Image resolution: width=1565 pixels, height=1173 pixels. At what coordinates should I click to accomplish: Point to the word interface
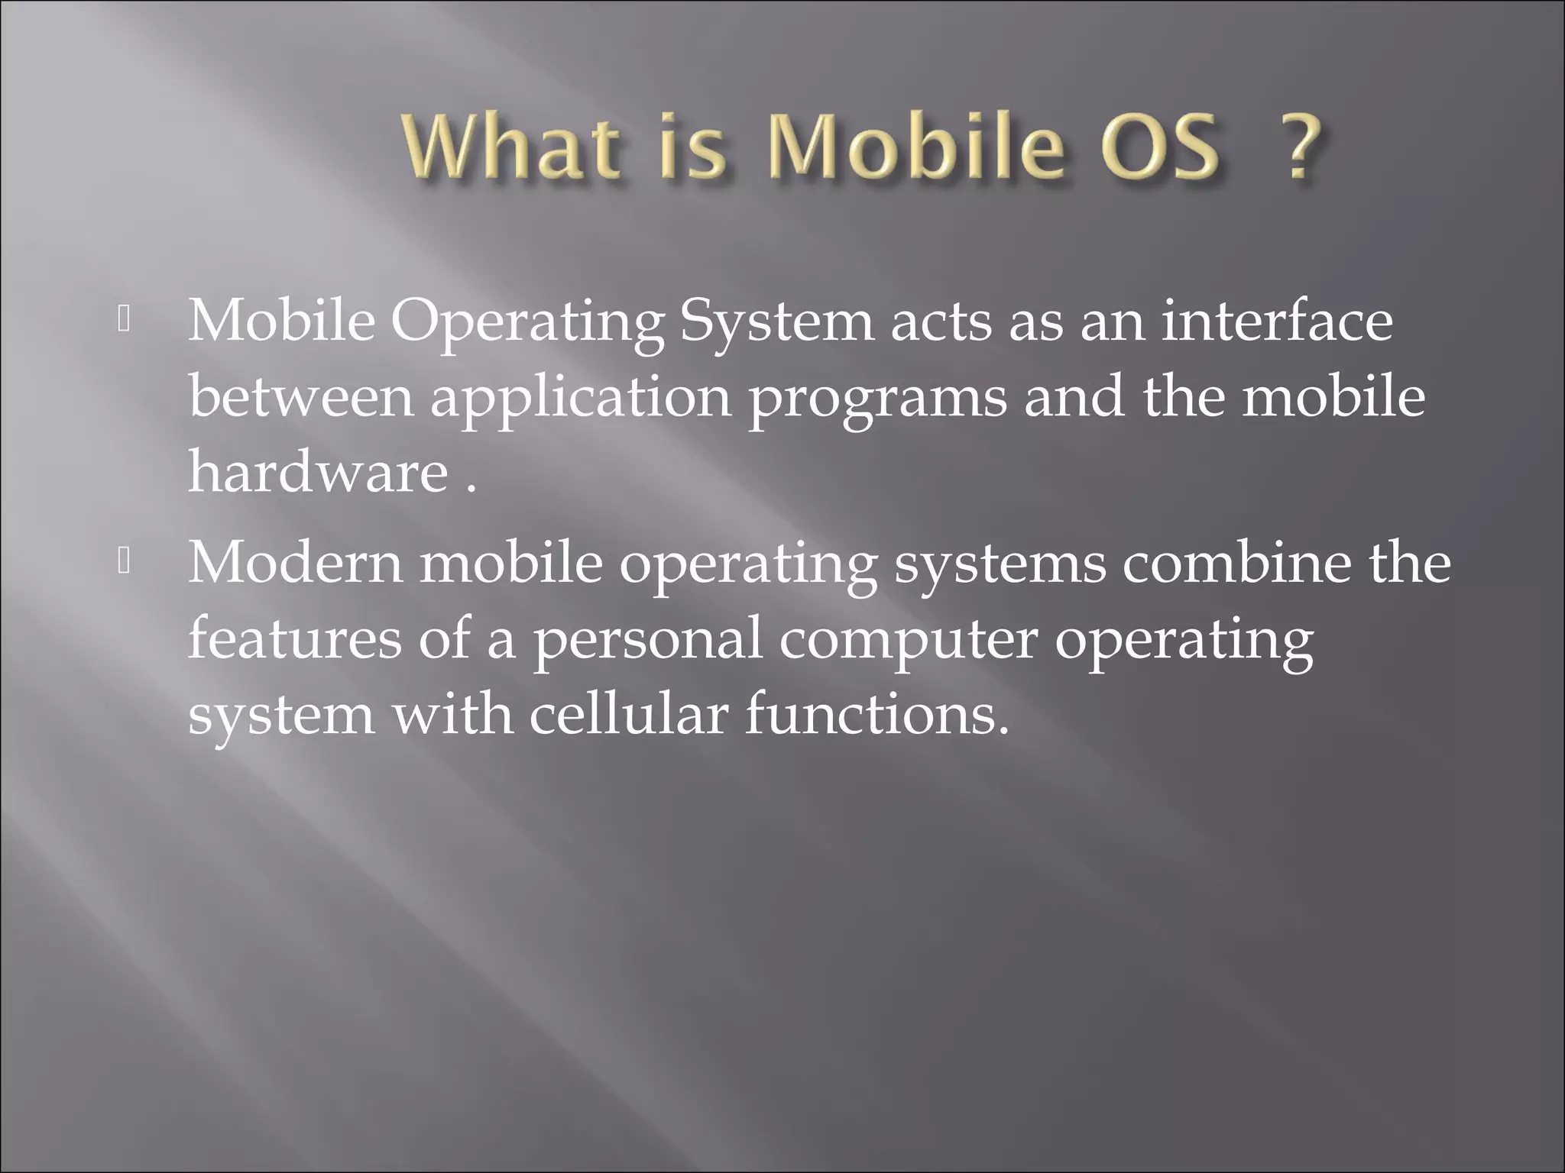coord(1277,322)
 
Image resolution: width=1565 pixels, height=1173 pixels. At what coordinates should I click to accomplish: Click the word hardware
coord(318,472)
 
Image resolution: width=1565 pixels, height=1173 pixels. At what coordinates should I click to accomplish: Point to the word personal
coord(647,640)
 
